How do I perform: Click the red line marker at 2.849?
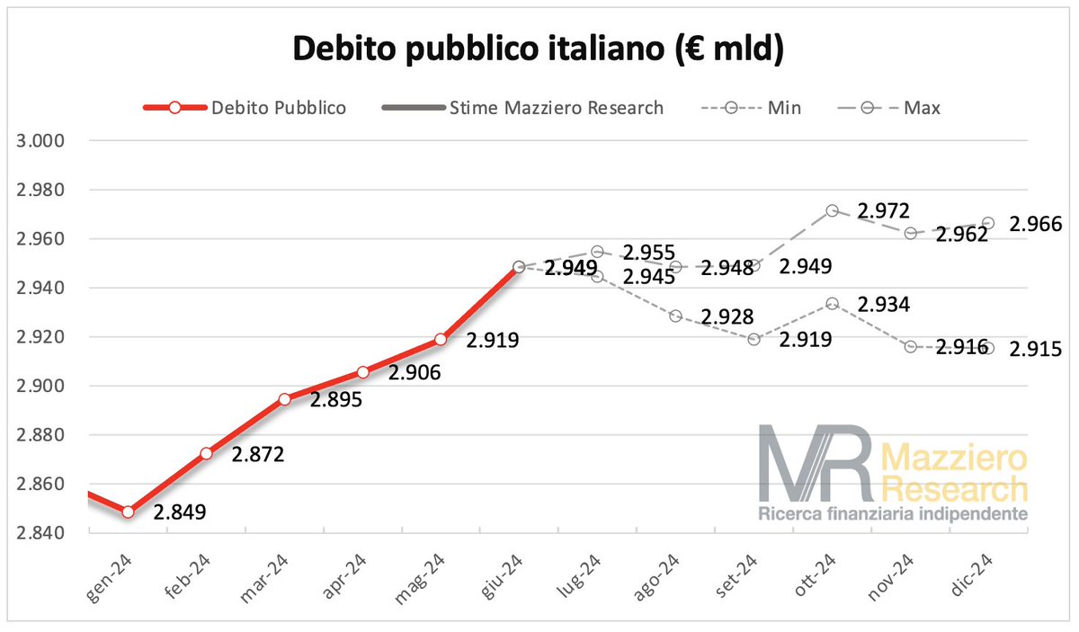[x=129, y=512]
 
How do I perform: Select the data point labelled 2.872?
[x=207, y=453]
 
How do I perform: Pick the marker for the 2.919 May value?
[x=441, y=339]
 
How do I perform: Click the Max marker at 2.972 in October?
[x=833, y=210]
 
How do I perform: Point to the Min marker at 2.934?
[x=833, y=304]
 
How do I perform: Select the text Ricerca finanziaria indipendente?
[x=893, y=515]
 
